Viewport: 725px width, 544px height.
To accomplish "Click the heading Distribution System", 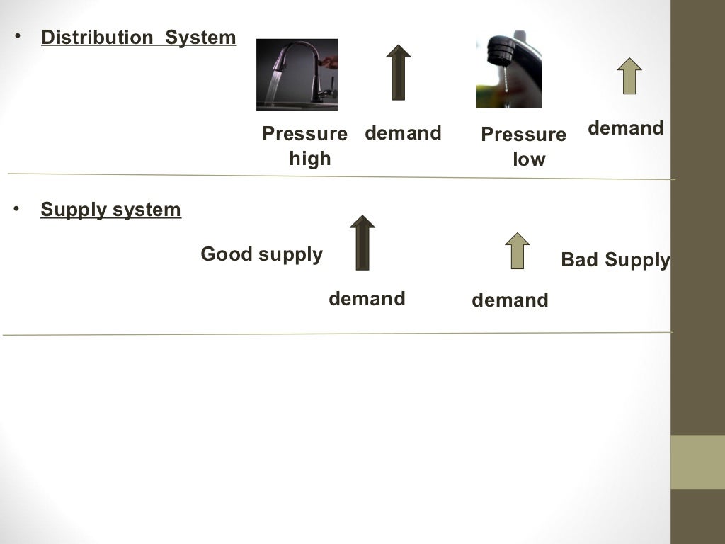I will [x=139, y=38].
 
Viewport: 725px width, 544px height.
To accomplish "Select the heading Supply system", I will [x=110, y=210].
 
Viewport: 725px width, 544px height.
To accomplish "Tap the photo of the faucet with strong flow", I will [x=297, y=74].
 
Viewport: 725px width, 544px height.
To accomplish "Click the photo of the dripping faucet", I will [x=508, y=69].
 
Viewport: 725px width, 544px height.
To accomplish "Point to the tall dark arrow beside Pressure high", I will [x=399, y=72].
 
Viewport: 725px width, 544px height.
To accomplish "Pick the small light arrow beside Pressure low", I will [x=628, y=76].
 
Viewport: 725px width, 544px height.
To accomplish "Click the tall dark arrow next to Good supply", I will [x=362, y=243].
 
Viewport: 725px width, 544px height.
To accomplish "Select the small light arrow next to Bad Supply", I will [x=518, y=251].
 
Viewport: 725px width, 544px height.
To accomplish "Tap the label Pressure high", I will [x=305, y=146].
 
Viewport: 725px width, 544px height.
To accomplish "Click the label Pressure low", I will [x=524, y=147].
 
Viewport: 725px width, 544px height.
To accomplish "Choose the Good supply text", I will [x=261, y=254].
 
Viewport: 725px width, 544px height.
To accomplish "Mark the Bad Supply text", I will [x=615, y=260].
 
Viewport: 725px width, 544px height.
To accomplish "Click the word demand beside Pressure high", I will [x=403, y=133].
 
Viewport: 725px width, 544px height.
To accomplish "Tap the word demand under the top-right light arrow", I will [x=626, y=128].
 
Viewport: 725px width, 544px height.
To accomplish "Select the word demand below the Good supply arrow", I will [x=367, y=299].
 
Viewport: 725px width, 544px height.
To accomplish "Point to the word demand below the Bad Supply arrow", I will [x=510, y=300].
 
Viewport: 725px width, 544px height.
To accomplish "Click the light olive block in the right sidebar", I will [x=697, y=462].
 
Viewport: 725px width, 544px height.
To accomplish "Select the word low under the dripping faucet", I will [x=529, y=159].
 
